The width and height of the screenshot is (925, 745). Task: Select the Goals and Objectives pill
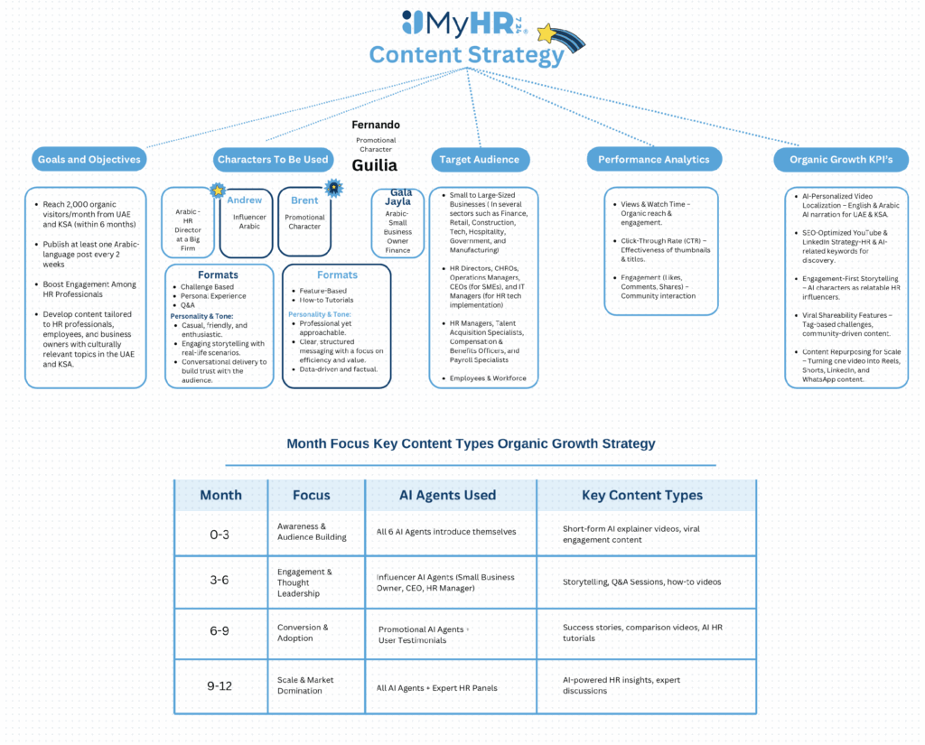click(x=89, y=160)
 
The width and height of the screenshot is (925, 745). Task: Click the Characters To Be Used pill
click(x=273, y=160)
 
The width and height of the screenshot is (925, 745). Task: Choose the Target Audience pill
click(x=480, y=160)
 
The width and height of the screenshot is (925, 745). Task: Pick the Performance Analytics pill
click(x=654, y=160)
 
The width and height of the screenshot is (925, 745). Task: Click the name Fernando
click(x=376, y=125)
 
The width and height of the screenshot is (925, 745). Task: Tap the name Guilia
click(x=375, y=166)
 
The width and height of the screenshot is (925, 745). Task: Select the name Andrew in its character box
click(x=245, y=200)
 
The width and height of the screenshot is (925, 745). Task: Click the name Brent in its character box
click(x=304, y=200)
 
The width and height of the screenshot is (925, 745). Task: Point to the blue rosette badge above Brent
click(x=334, y=188)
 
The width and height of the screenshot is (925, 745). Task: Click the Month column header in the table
click(x=220, y=495)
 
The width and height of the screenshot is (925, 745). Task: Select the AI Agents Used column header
click(x=447, y=495)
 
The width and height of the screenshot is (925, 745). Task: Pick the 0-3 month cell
click(x=220, y=534)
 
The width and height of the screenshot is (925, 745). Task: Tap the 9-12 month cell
click(x=220, y=685)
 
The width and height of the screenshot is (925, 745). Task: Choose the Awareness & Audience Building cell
click(x=312, y=532)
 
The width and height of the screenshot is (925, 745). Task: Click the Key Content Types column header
click(x=642, y=495)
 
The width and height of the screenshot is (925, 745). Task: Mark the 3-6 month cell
click(x=220, y=581)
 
